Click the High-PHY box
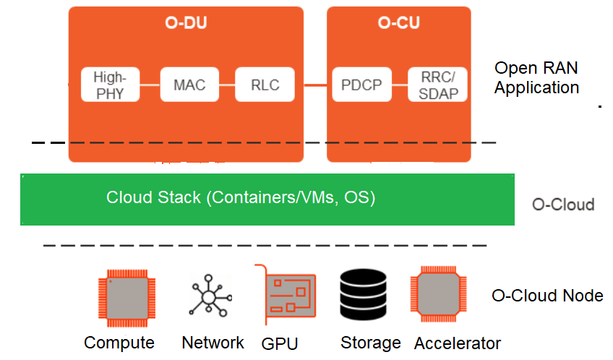click(x=110, y=85)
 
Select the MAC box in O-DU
click(x=189, y=85)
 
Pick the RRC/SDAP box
click(x=438, y=85)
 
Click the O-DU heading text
click(x=186, y=23)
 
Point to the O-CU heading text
click(x=398, y=23)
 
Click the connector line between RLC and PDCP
click(x=314, y=85)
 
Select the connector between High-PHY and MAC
click(x=148, y=85)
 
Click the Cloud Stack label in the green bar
click(x=241, y=197)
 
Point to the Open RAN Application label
click(x=536, y=78)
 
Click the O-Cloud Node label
click(x=547, y=296)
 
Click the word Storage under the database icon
click(x=370, y=343)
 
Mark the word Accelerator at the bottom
click(x=458, y=343)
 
